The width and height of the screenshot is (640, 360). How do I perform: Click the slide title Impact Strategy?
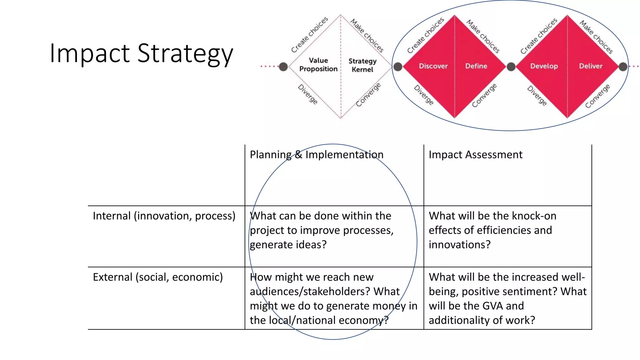pos(141,53)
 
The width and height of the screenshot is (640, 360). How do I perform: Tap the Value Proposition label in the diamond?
pos(318,65)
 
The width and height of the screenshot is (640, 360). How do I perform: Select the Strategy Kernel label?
pos(362,65)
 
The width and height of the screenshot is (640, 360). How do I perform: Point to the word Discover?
pos(433,66)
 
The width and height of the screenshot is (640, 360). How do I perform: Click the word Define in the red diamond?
pos(476,66)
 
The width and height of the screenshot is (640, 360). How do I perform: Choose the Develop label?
pos(544,66)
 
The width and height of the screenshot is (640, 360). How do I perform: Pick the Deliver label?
pos(591,66)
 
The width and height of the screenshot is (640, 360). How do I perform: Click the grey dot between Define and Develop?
pos(511,67)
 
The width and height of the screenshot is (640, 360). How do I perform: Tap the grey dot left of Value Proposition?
pos(283,67)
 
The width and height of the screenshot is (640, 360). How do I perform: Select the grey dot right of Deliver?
pos(623,67)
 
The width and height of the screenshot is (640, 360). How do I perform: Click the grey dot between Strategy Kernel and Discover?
pos(398,67)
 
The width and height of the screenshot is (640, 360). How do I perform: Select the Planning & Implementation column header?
pos(317,155)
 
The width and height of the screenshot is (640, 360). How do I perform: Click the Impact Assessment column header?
pos(475,155)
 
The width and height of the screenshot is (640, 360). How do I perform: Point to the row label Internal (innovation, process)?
pos(164,216)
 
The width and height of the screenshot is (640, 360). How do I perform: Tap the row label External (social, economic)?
pos(158,277)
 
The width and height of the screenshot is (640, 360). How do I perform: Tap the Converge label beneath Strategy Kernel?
pos(368,95)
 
